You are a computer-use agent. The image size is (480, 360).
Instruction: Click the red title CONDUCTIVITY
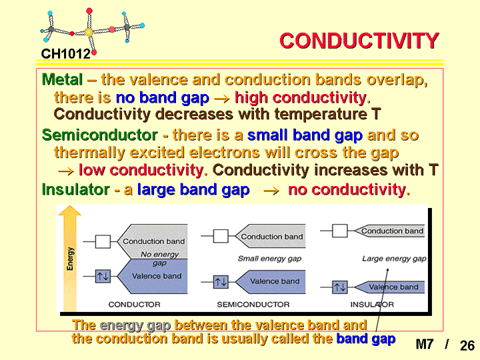point(359,41)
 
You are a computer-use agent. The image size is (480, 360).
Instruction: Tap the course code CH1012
point(66,54)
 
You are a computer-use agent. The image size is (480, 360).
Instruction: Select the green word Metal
point(62,79)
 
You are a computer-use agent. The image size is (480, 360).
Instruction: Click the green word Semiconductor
point(100,135)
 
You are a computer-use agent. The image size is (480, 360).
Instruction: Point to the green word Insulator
point(75,189)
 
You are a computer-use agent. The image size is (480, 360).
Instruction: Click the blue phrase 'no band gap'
point(163,98)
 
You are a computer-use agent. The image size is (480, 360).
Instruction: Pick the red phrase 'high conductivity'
point(301,98)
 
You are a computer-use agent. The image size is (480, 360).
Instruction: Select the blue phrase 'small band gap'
point(305,135)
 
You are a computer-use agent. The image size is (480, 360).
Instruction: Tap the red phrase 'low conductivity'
point(141,170)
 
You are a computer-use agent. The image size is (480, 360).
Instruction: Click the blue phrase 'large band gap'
point(193,190)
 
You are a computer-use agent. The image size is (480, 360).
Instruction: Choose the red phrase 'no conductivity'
point(347,190)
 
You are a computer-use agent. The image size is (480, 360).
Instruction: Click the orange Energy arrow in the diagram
point(70,258)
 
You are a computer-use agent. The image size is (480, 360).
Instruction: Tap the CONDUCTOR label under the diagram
point(135,305)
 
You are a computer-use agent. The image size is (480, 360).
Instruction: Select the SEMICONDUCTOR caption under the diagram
point(253,305)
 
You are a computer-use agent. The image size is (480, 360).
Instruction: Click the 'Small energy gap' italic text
point(270,259)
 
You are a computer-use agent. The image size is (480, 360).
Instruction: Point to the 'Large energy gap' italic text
point(394,259)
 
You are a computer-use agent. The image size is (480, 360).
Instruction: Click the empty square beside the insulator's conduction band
point(340,231)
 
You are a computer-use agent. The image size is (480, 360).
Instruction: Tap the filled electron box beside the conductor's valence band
point(103,277)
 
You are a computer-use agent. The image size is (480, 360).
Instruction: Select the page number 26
point(467,345)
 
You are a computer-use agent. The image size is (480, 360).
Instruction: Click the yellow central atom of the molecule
point(89,31)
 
